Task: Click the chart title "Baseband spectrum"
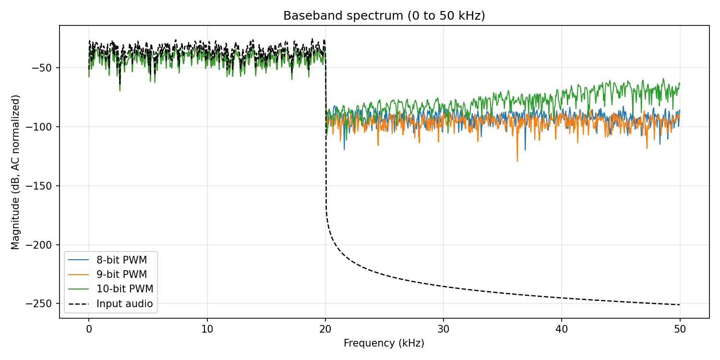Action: tap(384, 15)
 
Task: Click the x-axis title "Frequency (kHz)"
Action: tap(384, 343)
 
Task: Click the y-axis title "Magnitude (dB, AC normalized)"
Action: tap(16, 172)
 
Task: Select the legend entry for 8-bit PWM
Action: tap(121, 260)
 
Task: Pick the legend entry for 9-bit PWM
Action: tap(121, 275)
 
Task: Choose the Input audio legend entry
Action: tap(124, 303)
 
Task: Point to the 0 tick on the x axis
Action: tap(88, 329)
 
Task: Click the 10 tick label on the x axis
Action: tap(207, 329)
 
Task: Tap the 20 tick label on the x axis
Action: tap(325, 329)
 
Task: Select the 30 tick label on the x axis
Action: tap(444, 329)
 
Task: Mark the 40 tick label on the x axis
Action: tap(562, 329)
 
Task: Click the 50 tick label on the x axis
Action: tap(680, 329)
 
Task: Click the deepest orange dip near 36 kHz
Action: tap(517, 161)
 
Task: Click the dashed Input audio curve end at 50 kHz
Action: tap(680, 305)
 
